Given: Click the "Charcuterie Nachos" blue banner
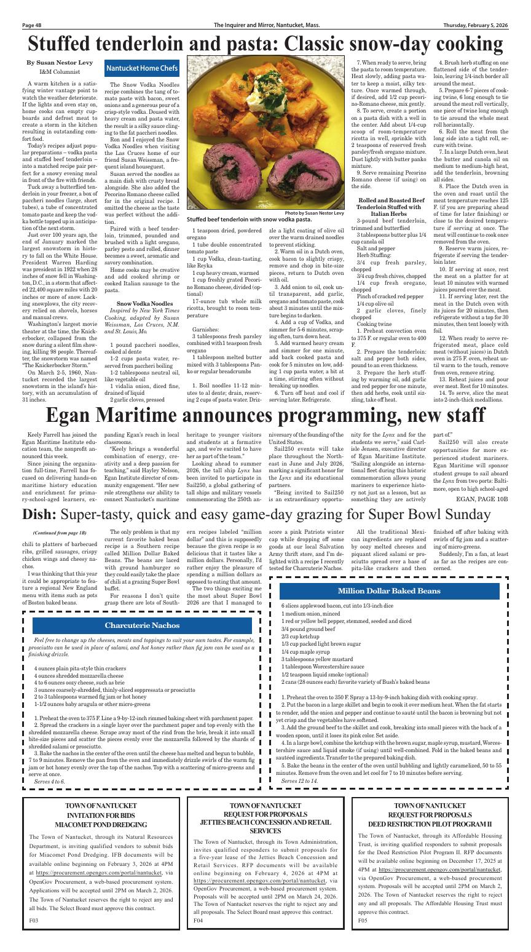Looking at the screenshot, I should (x=141, y=625).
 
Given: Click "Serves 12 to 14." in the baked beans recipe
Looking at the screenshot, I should (x=299, y=781).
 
